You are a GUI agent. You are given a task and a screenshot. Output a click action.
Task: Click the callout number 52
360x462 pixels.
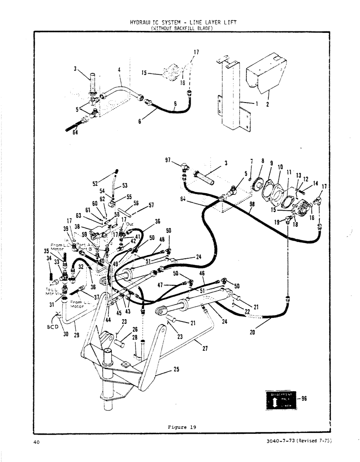coord(95,182)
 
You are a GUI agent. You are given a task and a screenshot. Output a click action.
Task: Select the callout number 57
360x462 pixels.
coord(151,206)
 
